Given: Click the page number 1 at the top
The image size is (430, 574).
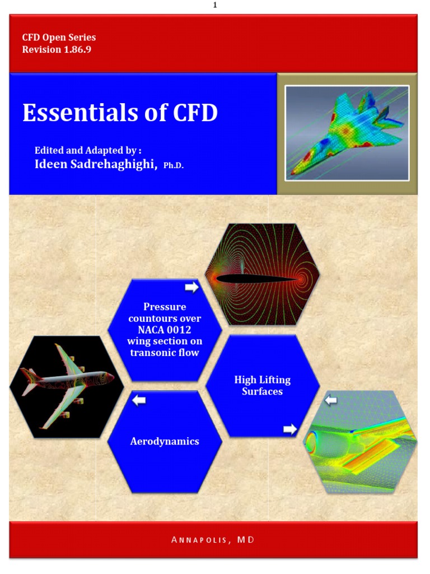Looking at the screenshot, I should [215, 5].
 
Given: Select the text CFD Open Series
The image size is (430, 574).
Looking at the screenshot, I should [59, 38].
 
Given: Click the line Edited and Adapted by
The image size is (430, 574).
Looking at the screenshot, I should [88, 150].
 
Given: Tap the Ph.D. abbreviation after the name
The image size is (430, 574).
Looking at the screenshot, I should [174, 166].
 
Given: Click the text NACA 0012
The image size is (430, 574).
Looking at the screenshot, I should [165, 330].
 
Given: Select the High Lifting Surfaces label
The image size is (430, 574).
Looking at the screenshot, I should [262, 386].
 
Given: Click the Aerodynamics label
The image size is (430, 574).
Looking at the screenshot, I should [165, 441].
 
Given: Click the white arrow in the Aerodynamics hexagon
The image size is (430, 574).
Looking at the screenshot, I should [138, 400].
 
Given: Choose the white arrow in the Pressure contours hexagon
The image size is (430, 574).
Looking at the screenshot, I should [191, 288].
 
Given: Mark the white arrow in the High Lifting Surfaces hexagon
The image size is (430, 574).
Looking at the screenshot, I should [290, 429].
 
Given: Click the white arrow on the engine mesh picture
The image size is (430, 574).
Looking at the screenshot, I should [331, 400].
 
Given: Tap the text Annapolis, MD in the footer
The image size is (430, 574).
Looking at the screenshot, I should [215, 539].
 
